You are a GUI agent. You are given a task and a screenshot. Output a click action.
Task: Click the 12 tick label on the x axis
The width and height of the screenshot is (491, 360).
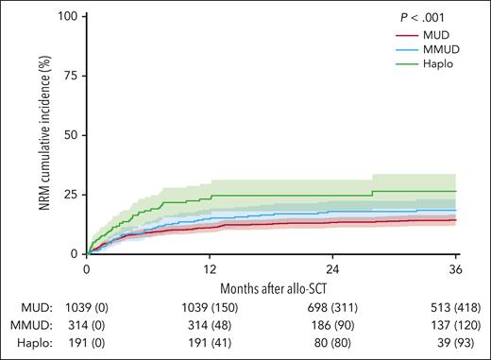(210, 268)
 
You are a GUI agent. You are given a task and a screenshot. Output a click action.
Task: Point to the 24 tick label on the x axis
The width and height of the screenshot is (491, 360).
(333, 268)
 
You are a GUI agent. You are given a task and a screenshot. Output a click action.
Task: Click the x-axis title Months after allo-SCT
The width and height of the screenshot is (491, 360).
(272, 286)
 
